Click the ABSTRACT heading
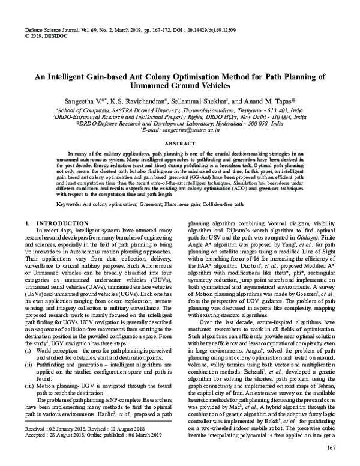pos(180,144)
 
